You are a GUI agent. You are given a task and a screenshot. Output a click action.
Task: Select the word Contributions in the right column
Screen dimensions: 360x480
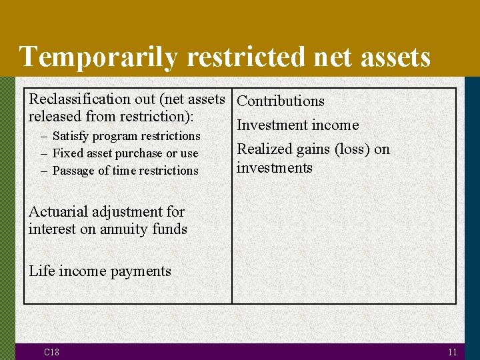click(281, 101)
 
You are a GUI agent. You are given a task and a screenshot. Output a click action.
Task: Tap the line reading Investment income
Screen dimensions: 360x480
click(297, 125)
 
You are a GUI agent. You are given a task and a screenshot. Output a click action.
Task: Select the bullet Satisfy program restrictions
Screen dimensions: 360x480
click(126, 136)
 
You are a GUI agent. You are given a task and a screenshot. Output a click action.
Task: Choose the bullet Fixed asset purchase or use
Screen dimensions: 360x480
click(125, 153)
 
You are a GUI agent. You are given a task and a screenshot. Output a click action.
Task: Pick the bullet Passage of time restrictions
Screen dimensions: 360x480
click(125, 171)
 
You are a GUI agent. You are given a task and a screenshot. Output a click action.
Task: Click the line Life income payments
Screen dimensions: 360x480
click(100, 271)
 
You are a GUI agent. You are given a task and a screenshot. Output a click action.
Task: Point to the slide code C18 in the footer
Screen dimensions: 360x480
click(51, 352)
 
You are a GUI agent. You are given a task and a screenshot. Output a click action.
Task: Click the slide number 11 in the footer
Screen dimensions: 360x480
click(453, 352)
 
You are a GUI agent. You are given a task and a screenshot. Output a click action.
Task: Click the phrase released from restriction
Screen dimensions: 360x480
click(111, 116)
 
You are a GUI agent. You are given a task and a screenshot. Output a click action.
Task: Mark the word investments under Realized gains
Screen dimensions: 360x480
click(274, 168)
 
